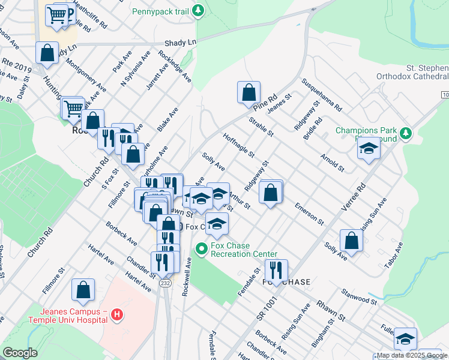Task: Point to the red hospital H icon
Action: point(117,314)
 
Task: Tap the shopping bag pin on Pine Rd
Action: point(249,93)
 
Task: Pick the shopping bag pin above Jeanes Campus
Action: point(83,290)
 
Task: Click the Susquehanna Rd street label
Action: point(322,95)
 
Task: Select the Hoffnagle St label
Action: point(238,146)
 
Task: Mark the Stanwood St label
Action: point(358,296)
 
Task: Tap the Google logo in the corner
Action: point(20,352)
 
